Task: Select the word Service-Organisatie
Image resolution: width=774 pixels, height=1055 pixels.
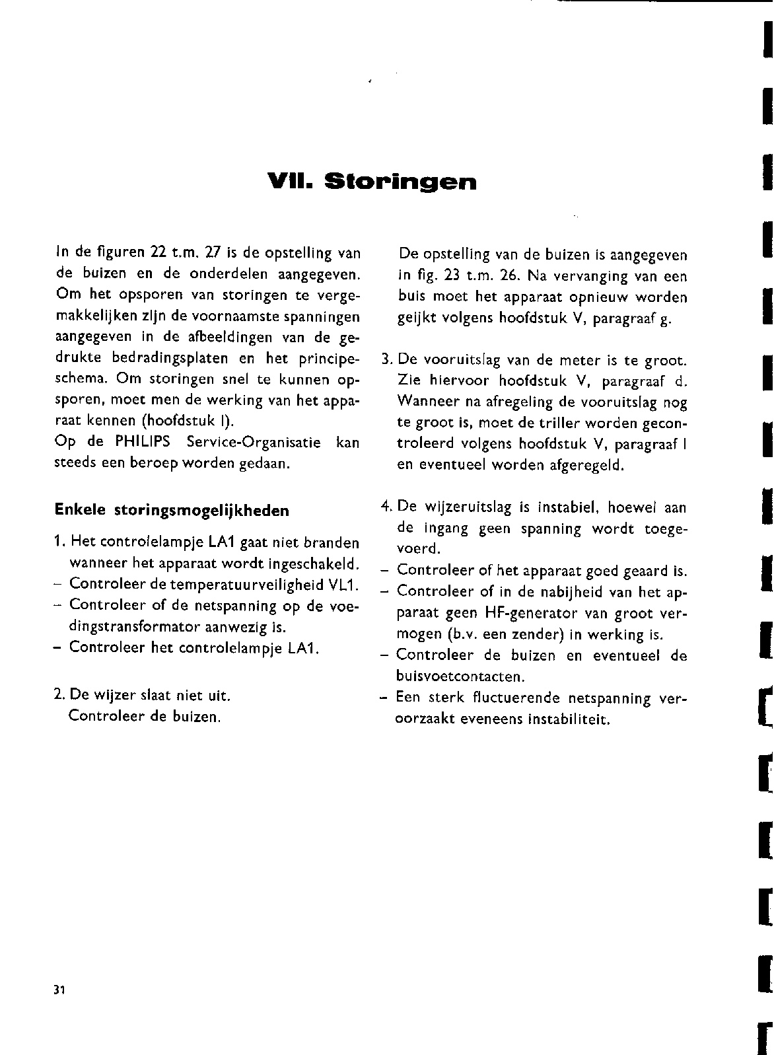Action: coord(254,442)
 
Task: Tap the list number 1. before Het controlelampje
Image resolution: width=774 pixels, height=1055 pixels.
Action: coord(59,543)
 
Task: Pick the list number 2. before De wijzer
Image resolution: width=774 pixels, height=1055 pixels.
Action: coord(59,676)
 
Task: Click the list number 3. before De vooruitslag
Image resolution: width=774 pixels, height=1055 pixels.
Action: coord(387,361)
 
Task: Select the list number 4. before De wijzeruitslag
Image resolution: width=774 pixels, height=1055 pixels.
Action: coord(386,507)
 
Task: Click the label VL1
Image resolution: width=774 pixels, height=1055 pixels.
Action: coord(339,585)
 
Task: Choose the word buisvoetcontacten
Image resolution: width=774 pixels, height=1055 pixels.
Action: coord(460,677)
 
